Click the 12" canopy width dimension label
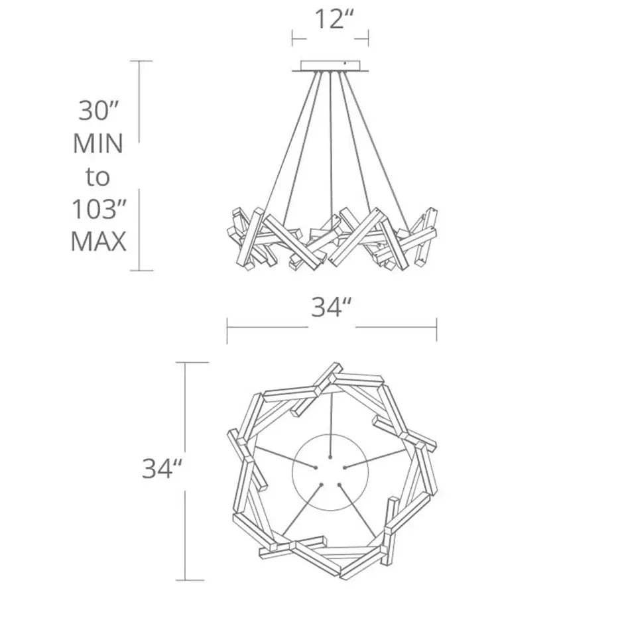click(x=334, y=19)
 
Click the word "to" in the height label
click(x=97, y=177)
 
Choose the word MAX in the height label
click(x=98, y=241)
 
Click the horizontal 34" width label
click(x=331, y=307)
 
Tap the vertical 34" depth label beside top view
click(x=162, y=469)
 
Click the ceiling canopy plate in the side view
click(x=331, y=66)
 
